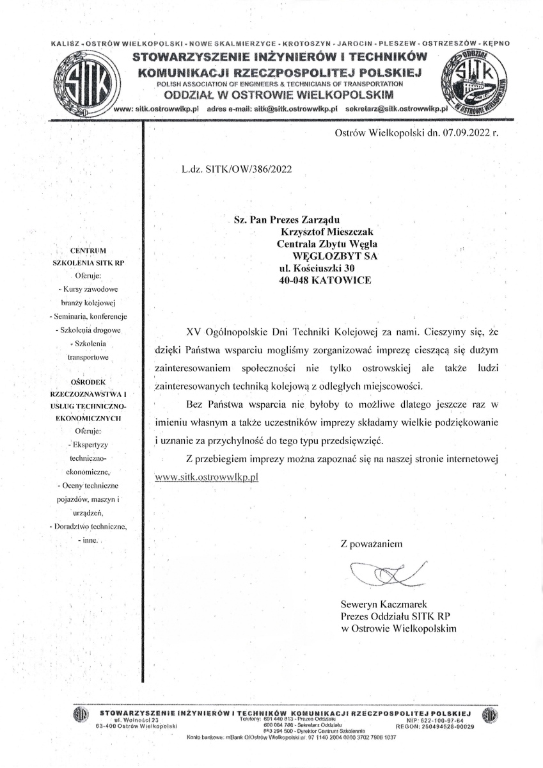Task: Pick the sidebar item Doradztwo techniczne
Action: click(90, 526)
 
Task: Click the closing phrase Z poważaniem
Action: click(372, 545)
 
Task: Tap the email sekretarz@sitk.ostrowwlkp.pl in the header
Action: click(395, 109)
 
